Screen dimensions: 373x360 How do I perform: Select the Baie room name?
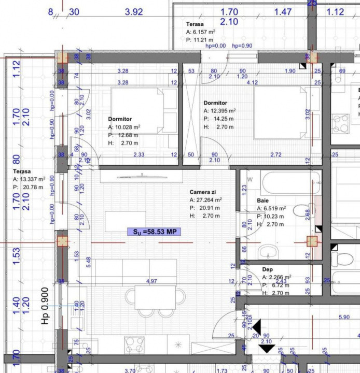pyautogui.click(x=263, y=200)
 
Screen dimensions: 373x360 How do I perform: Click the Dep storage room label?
pyautogui.click(x=267, y=269)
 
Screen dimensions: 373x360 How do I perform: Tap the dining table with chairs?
pyautogui.click(x=155, y=298)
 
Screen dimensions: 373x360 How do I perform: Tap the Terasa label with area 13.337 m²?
pyautogui.click(x=22, y=171)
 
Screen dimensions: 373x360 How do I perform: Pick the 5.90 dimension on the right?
pyautogui.click(x=343, y=317)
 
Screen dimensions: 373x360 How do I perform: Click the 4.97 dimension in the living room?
pyautogui.click(x=152, y=281)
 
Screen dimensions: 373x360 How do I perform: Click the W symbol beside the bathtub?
pyautogui.click(x=250, y=180)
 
